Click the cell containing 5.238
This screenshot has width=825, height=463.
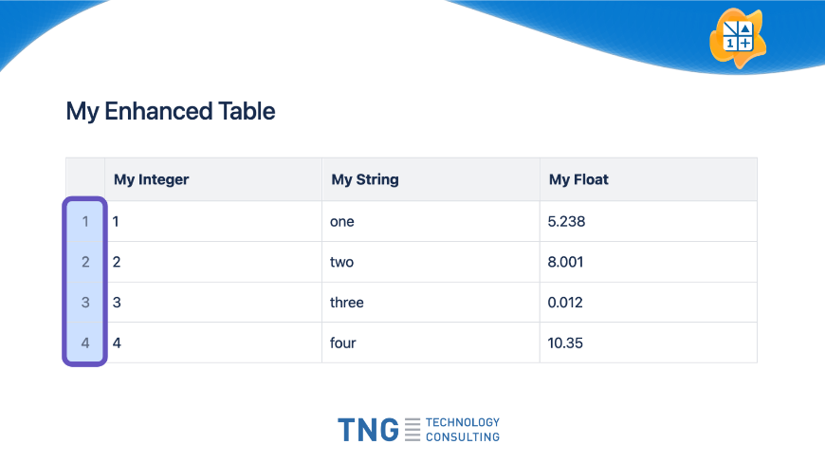click(649, 221)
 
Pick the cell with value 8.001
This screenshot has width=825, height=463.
click(649, 262)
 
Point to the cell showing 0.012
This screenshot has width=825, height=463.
click(649, 303)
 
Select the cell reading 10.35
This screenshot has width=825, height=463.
click(649, 343)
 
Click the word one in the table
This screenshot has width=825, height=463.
click(342, 222)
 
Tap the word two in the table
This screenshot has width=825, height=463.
click(341, 262)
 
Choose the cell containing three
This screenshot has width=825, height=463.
click(431, 303)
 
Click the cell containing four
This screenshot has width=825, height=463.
click(431, 343)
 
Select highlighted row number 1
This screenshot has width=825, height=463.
click(85, 221)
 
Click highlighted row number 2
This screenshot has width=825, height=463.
click(85, 262)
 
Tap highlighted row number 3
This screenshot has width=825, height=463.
click(85, 303)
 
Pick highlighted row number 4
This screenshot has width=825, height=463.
click(85, 343)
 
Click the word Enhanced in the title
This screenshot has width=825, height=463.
click(158, 111)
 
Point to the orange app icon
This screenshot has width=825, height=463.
click(738, 38)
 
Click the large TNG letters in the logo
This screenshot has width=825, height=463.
click(368, 430)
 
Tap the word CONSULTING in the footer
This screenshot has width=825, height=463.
click(463, 437)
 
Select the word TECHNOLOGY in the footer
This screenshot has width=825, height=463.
click(463, 422)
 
